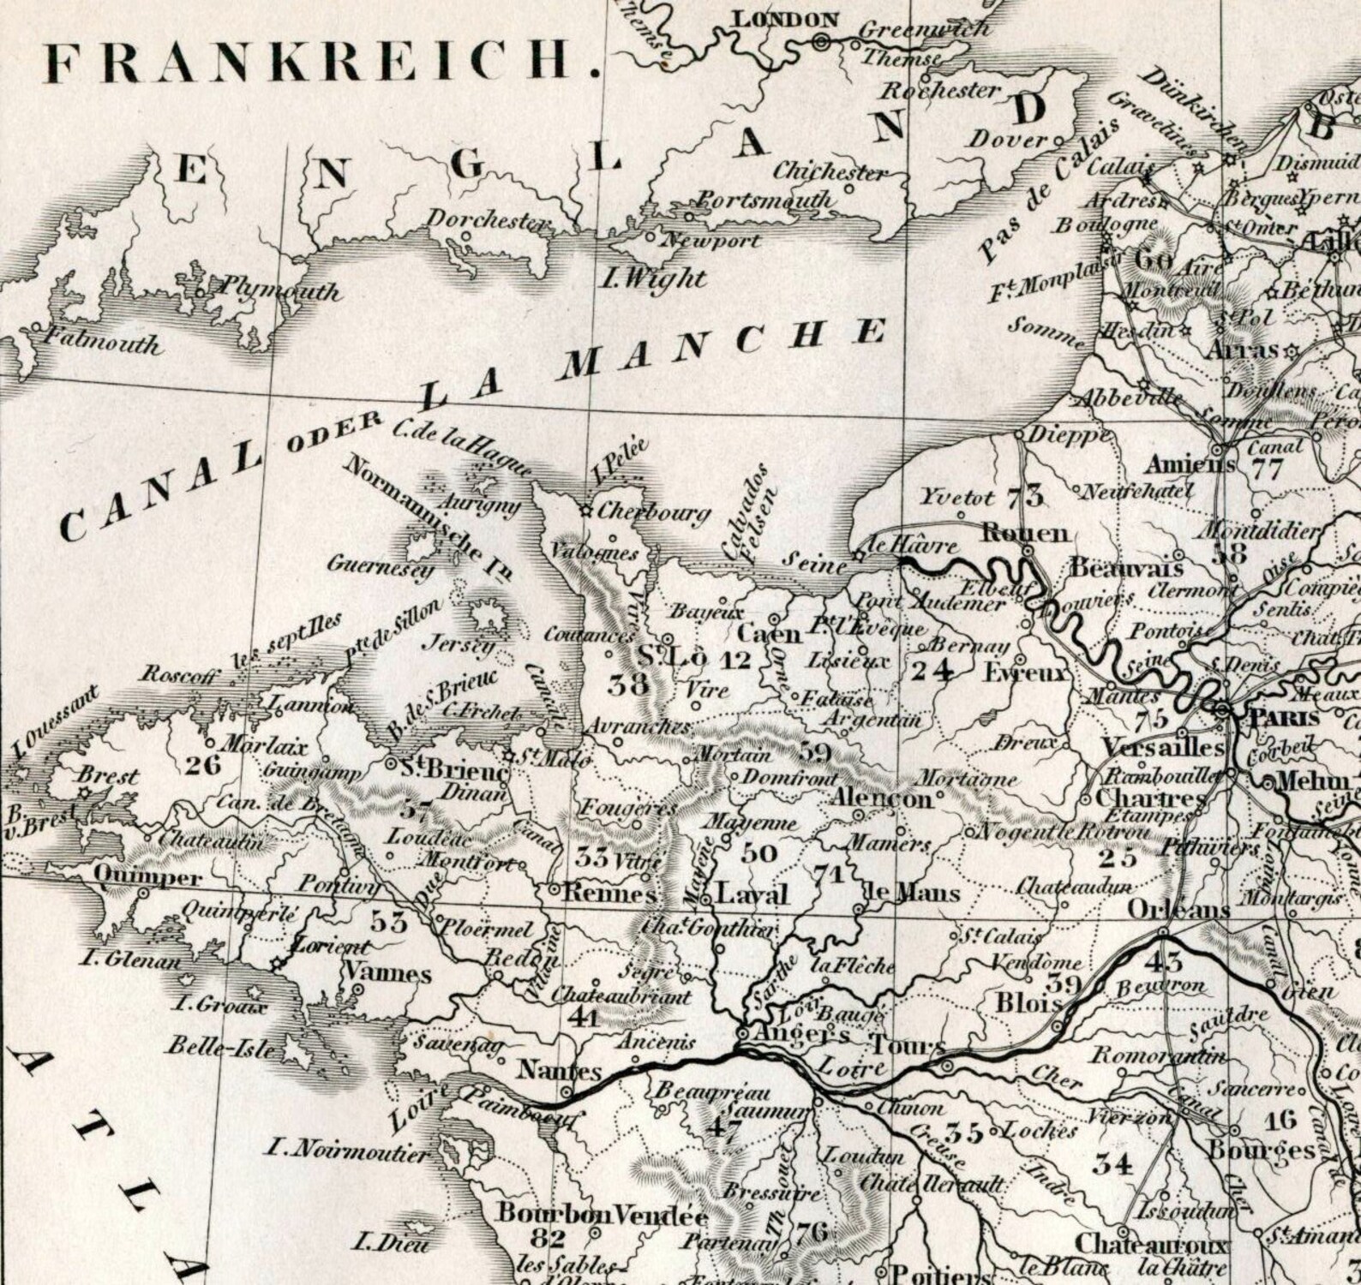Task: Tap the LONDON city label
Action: [x=787, y=20]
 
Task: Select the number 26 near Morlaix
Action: [x=202, y=764]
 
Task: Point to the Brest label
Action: [x=108, y=776]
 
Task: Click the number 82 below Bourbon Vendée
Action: [x=548, y=1238]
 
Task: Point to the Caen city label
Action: [x=770, y=634]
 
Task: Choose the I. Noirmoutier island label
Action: [x=346, y=1151]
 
